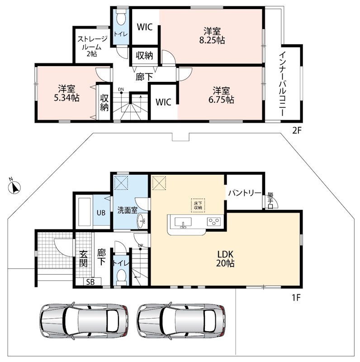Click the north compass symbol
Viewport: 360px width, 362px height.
pyautogui.click(x=14, y=186)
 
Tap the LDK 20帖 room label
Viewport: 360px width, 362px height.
pyautogui.click(x=225, y=259)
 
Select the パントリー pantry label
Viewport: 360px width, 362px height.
pyautogui.click(x=245, y=193)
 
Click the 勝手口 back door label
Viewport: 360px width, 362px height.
pyautogui.click(x=271, y=200)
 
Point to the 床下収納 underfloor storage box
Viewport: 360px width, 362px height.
pyautogui.click(x=198, y=205)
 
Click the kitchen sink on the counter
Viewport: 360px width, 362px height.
pyautogui.click(x=183, y=223)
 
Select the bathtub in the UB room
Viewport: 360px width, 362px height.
pyautogui.click(x=84, y=212)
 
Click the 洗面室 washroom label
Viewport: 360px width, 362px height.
pyautogui.click(x=128, y=210)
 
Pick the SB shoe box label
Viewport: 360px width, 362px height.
pyautogui.click(x=90, y=282)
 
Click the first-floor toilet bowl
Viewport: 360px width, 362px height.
pyautogui.click(x=121, y=276)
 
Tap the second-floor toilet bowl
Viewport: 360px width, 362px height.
pyautogui.click(x=121, y=17)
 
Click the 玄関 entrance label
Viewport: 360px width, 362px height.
pyautogui.click(x=83, y=258)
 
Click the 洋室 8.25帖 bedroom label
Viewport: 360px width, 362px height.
pyautogui.click(x=212, y=36)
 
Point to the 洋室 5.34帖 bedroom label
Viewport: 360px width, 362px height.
pyautogui.click(x=66, y=94)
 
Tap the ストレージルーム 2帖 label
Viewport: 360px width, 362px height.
pyautogui.click(x=92, y=47)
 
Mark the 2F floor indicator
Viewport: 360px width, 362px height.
pyautogui.click(x=297, y=131)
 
